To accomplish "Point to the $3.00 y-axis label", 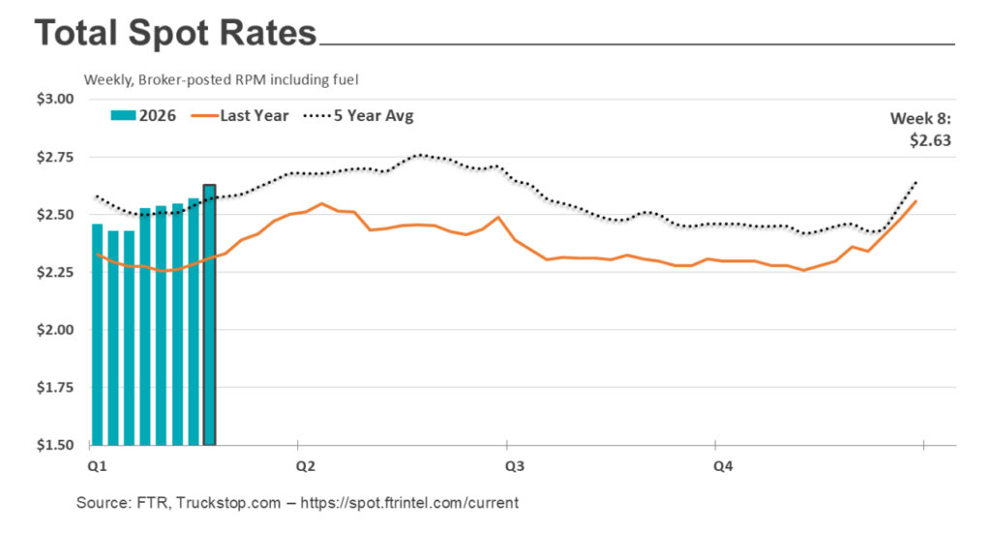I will point(54,99).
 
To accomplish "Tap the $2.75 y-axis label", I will point(54,157).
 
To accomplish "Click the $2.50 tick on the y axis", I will point(54,215).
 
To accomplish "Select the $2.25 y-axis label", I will point(54,273).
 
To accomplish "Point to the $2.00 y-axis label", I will point(54,330).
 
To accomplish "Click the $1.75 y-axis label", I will point(54,388).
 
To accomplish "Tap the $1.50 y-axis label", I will point(54,446).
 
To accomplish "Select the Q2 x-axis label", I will point(306,465).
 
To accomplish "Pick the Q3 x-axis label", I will point(514,465).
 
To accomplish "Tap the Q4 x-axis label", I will point(723,465).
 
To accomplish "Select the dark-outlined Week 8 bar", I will point(209,319).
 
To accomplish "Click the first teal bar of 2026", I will point(97,339).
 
